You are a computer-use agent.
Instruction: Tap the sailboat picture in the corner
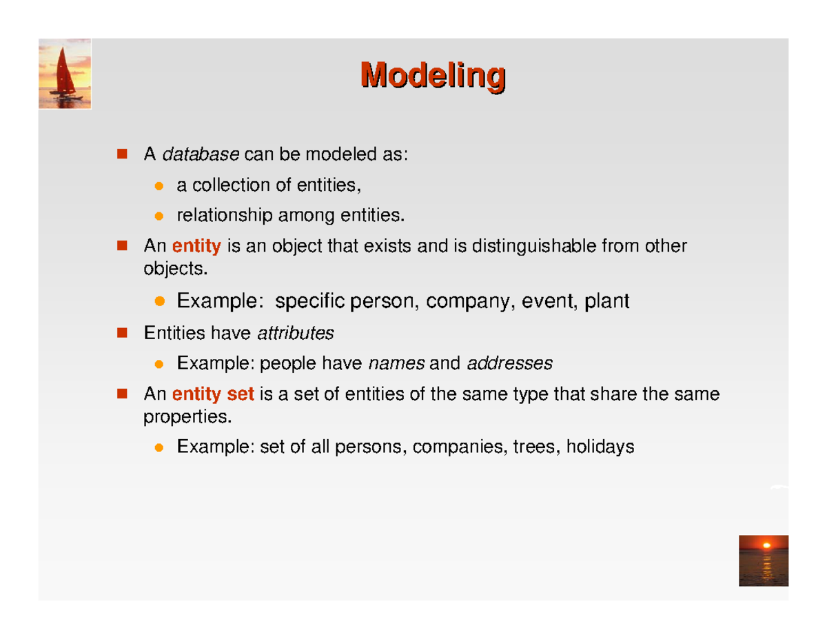65,74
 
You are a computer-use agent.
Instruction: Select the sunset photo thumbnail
763,560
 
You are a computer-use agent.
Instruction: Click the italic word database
201,155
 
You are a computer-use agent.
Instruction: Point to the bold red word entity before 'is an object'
196,246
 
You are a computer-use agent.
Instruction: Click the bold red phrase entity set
213,395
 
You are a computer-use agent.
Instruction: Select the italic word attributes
295,334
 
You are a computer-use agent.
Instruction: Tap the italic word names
397,363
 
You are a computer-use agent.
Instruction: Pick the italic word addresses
509,363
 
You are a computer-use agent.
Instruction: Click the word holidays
599,447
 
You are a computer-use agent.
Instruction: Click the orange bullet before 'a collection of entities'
159,186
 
